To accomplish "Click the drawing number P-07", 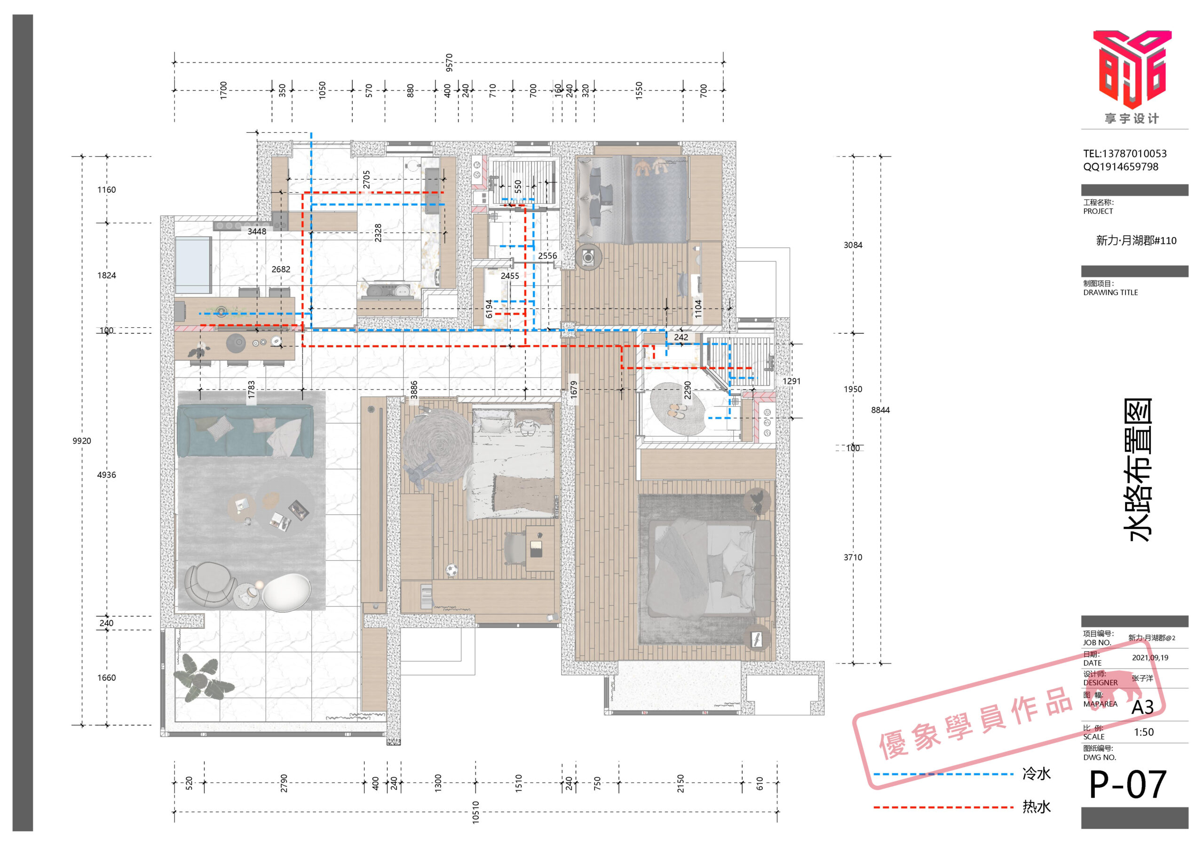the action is click(1127, 785).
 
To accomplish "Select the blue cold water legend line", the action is click(943, 774).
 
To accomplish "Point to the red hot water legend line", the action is click(943, 807).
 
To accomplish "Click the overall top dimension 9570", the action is click(449, 63).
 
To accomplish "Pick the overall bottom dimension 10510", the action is click(475, 812).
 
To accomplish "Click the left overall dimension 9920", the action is click(82, 441).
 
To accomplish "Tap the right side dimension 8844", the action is click(880, 410).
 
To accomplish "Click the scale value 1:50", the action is click(1144, 732).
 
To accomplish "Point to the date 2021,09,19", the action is click(1150, 657).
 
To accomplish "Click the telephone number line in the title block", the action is click(1125, 154).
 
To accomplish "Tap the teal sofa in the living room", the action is click(245, 431).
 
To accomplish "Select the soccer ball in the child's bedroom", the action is click(451, 569).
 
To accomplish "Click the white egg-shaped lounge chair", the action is click(286, 592).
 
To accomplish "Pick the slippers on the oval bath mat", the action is click(677, 410).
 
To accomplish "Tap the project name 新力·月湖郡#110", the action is click(1136, 241).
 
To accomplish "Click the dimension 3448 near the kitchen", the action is click(257, 231).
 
